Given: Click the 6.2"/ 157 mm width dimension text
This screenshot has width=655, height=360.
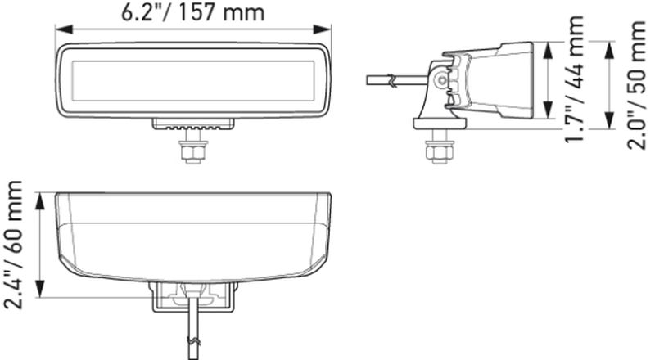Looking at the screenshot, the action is [192, 12].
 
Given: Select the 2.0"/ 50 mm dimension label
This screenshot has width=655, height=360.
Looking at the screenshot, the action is [636, 84].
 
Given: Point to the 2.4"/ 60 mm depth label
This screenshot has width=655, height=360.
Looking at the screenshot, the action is [13, 245].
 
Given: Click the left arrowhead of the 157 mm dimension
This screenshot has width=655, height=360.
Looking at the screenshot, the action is [64, 29].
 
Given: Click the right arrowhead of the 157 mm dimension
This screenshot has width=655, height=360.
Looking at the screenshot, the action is [322, 29].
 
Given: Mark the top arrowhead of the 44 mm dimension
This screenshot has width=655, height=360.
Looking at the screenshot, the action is [547, 51].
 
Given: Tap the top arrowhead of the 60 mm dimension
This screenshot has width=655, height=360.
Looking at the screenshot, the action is [39, 201].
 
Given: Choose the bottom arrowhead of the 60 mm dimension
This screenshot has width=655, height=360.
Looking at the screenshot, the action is [39, 289].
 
